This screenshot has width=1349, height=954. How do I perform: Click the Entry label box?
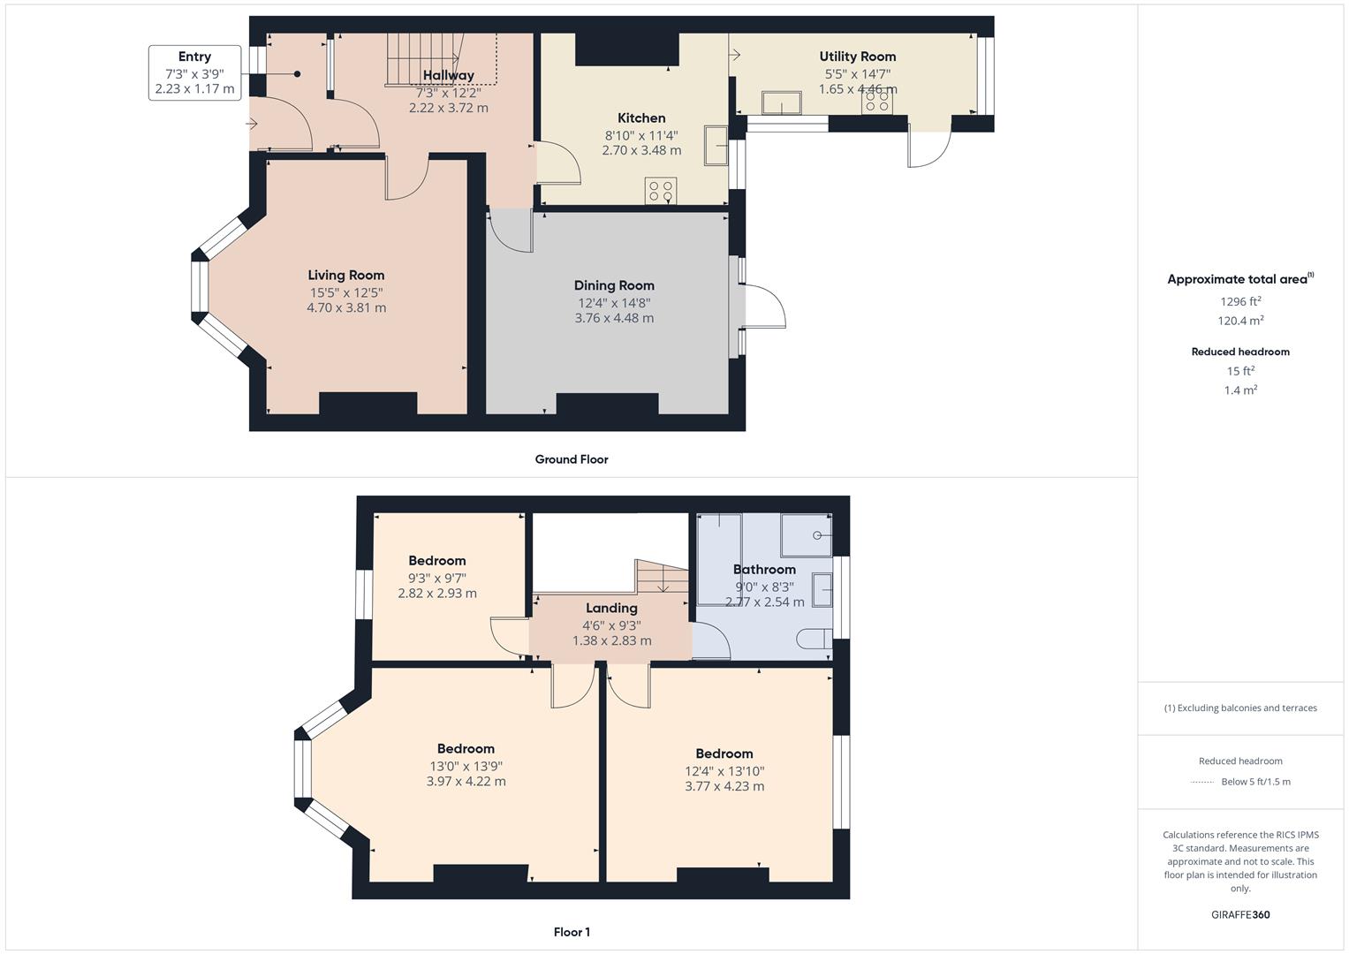pos(194,72)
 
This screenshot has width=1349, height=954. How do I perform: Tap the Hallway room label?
pos(448,75)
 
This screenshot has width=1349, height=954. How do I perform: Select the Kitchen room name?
pos(641,118)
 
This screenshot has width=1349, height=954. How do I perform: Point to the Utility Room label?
pos(857,57)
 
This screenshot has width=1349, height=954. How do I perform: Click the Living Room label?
pos(345,276)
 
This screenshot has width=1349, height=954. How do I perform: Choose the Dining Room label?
pos(614,285)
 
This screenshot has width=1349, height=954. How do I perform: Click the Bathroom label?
pos(764,569)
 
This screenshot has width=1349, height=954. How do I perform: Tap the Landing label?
pos(611,609)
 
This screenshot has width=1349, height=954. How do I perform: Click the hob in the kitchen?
pos(661,191)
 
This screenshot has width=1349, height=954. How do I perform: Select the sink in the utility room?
pos(782,102)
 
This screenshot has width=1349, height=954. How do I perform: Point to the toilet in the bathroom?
pos(815,639)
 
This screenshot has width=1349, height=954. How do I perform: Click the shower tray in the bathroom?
pos(807,534)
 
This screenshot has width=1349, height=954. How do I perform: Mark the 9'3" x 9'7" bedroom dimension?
pos(436,579)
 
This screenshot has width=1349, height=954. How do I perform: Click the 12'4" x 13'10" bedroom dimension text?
pos(724,771)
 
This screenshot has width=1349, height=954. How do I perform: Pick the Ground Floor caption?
pos(572,459)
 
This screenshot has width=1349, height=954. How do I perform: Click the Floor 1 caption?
pos(572,932)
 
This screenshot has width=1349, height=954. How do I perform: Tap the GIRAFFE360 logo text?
pos(1240,915)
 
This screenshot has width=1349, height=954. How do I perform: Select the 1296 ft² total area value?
pos(1240,301)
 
